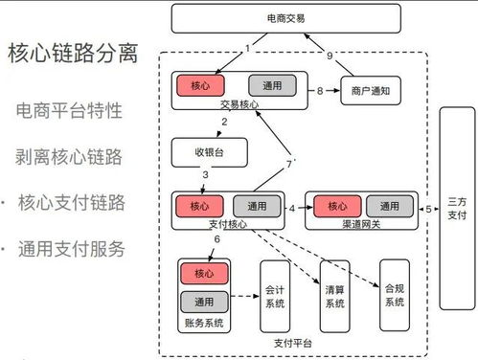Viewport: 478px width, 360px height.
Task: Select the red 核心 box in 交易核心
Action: (x=198, y=86)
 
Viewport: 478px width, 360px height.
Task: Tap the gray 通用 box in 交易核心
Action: (x=270, y=86)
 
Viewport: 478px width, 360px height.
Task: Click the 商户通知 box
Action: (x=370, y=92)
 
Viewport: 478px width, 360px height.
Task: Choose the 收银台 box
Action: (x=209, y=151)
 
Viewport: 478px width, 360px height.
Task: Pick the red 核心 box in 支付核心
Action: (x=198, y=206)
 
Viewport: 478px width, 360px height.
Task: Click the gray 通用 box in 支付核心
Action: (x=257, y=206)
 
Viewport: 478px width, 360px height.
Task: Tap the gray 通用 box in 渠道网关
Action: (x=389, y=206)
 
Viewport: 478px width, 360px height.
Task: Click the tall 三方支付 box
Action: (x=456, y=209)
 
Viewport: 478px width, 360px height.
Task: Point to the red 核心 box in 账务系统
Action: (x=204, y=274)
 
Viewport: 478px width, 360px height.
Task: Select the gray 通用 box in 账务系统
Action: (x=204, y=302)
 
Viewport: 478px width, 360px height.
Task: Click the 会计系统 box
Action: (x=274, y=295)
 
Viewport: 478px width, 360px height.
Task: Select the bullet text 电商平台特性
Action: (x=69, y=110)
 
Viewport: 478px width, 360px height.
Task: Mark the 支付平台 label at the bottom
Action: (x=292, y=341)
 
